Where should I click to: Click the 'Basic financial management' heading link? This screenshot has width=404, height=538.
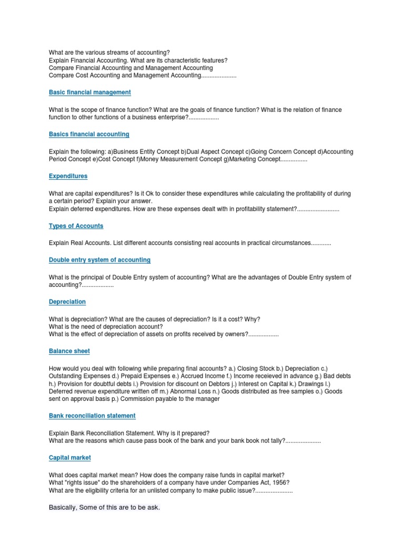[90, 92]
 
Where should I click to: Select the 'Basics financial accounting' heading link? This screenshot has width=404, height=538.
[89, 134]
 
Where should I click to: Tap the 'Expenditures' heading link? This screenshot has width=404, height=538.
[68, 176]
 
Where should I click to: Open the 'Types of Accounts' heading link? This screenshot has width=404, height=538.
[76, 226]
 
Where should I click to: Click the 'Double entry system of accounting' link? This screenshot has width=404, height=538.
[99, 260]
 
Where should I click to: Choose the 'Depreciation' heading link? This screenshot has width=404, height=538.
[67, 302]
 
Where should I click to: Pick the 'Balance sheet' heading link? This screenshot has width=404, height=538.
[69, 351]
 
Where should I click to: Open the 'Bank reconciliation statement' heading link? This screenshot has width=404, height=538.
[92, 416]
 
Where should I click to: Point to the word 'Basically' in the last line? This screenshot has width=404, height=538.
[63, 508]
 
